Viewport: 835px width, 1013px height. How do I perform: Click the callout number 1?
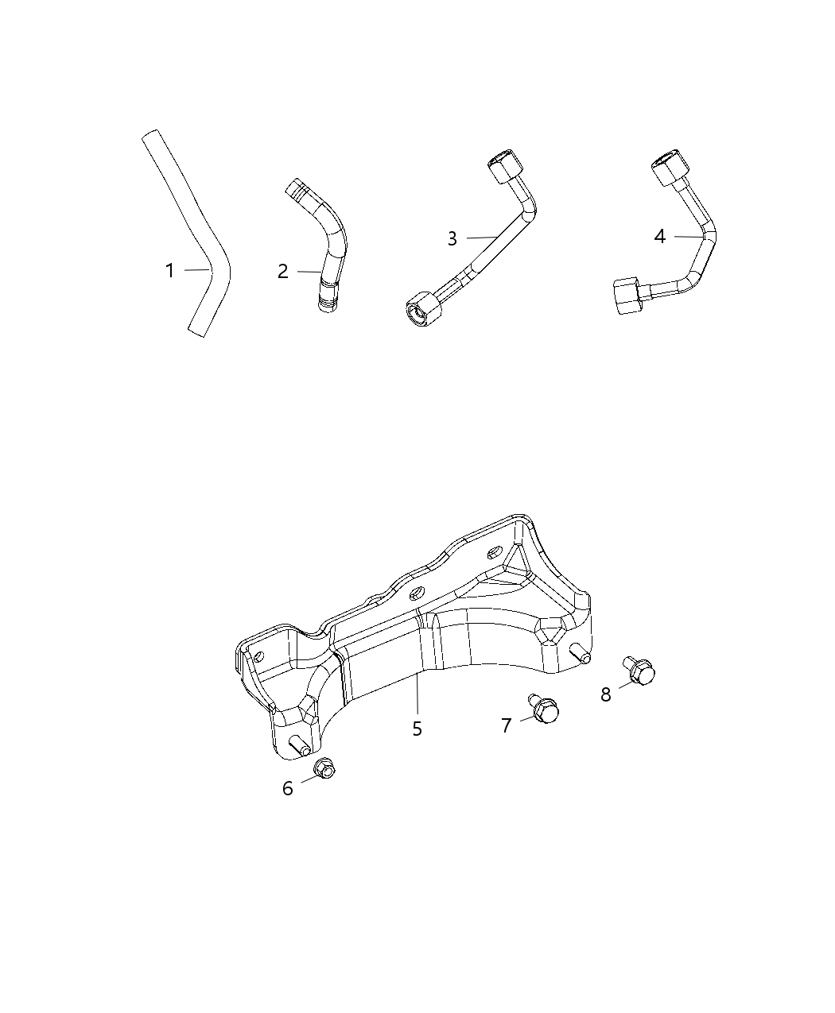point(169,271)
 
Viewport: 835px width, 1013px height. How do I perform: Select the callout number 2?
point(283,272)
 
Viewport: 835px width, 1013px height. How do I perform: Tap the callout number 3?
point(452,238)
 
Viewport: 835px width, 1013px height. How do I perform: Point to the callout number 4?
point(659,236)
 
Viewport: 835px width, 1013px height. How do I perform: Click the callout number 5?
point(417,728)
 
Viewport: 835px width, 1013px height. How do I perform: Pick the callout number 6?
point(288,788)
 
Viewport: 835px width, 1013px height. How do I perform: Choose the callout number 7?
point(507,725)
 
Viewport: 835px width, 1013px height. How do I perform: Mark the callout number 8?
point(606,694)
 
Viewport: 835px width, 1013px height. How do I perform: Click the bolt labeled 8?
point(640,672)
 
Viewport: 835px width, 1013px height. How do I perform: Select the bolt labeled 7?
point(544,709)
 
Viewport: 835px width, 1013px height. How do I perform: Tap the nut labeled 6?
point(324,767)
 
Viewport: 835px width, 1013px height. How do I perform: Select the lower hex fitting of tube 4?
point(629,295)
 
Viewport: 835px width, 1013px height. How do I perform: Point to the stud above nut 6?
point(301,746)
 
